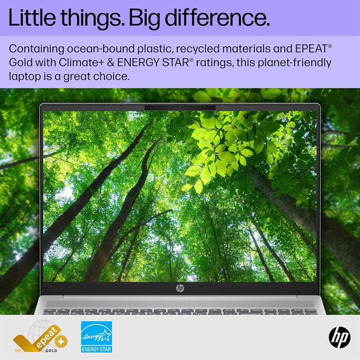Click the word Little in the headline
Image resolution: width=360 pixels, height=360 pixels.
tap(32, 18)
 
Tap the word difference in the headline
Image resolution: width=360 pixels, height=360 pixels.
tap(217, 18)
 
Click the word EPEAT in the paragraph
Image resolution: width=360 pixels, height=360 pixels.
tap(311, 48)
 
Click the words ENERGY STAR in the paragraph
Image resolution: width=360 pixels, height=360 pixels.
tap(153, 62)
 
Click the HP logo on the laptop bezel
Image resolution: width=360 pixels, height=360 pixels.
tap(180, 288)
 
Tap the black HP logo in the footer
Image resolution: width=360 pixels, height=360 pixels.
tap(340, 337)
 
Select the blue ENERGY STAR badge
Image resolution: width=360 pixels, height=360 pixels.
tap(97, 337)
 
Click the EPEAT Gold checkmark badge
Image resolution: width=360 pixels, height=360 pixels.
tap(40, 337)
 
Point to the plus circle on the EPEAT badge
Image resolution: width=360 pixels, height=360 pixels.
tap(61, 342)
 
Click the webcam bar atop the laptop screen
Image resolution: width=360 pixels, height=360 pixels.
tap(180, 108)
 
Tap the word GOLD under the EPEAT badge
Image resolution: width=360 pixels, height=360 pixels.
tap(51, 350)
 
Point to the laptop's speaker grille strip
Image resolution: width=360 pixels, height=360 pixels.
tap(180, 304)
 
